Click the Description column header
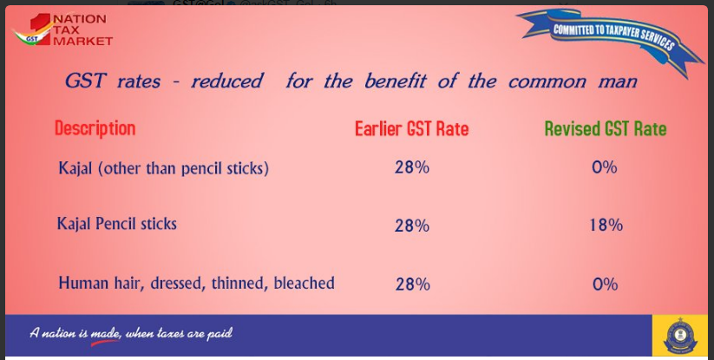coord(95,128)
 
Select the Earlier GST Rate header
coord(411,128)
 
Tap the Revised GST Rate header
coord(606,128)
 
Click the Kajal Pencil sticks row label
coord(116,224)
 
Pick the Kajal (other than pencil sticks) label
coord(163,168)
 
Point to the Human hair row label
coord(196,283)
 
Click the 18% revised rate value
coord(606,225)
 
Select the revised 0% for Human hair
coord(606,285)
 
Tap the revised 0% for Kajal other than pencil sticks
coord(605,167)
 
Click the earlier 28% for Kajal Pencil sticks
coord(411,226)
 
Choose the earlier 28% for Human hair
coord(413,285)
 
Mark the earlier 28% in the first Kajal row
coord(411,167)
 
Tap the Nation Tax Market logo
coord(62,29)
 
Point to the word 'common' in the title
coord(547,82)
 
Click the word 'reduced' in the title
coord(226,81)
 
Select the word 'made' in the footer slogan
coord(106,334)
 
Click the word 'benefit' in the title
coord(396,81)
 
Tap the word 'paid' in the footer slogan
coord(220,334)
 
